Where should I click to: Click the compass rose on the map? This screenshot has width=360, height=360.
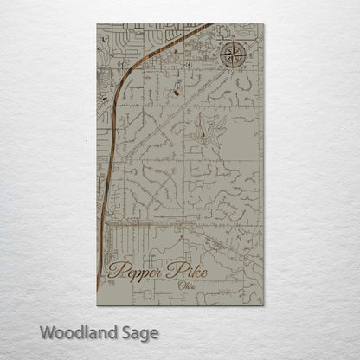pos(233,56)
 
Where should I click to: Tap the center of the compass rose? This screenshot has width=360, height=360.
pos(233,56)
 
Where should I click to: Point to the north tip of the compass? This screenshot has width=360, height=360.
pos(233,41)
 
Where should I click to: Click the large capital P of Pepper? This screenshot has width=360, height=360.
pos(116,274)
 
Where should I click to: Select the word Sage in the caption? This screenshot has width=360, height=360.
pos(139,331)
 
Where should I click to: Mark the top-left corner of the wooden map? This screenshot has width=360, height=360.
pos(98,24)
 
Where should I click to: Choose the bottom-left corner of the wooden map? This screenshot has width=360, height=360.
pos(98,305)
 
